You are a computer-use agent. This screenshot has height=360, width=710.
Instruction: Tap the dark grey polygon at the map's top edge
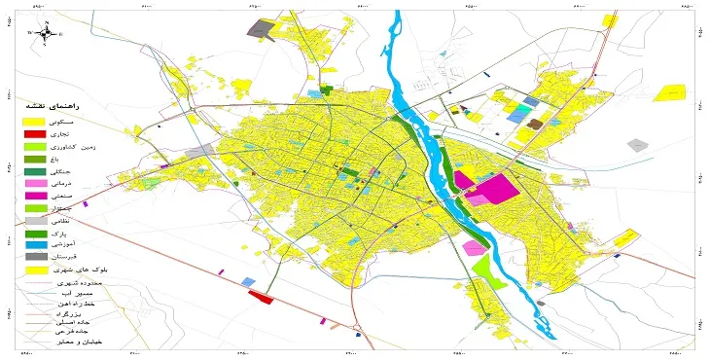[258, 28]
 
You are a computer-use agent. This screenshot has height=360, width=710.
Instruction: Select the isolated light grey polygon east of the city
[637, 145]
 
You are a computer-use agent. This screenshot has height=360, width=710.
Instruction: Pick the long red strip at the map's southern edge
[262, 297]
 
